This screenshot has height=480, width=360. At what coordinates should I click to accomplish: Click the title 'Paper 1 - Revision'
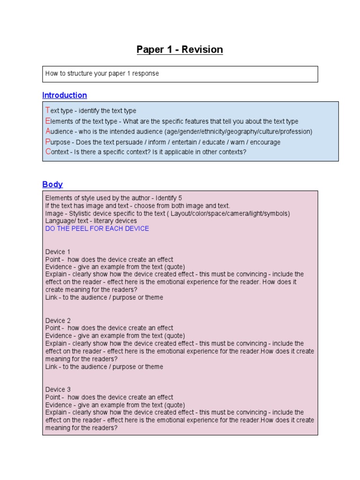(x=180, y=50)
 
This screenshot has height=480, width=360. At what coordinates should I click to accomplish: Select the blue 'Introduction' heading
(x=64, y=95)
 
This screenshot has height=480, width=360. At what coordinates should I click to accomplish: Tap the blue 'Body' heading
(x=52, y=184)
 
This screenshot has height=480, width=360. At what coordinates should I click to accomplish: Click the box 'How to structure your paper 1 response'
(x=180, y=74)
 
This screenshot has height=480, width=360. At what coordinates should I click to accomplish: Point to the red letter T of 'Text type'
(x=47, y=111)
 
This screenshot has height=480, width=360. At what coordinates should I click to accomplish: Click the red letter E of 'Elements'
(x=47, y=121)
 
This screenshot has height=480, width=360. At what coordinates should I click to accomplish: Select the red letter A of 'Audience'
(x=47, y=131)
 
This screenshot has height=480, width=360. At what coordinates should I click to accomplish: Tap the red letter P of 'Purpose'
(x=47, y=142)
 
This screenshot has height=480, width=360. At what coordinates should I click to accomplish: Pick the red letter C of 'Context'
(x=47, y=152)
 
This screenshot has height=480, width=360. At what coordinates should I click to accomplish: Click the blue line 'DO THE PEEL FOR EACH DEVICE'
(x=97, y=229)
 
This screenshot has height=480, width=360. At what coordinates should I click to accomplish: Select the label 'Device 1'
(x=58, y=252)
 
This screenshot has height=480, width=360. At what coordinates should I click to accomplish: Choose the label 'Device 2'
(x=58, y=321)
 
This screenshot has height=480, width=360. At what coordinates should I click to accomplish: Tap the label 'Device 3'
(x=58, y=390)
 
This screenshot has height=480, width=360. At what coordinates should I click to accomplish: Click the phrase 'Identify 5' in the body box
(x=168, y=198)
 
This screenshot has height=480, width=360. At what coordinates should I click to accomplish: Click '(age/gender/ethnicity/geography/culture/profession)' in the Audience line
(x=238, y=132)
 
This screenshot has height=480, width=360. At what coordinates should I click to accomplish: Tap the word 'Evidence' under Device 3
(x=59, y=405)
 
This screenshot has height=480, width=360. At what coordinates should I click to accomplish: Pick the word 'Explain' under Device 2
(x=57, y=344)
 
